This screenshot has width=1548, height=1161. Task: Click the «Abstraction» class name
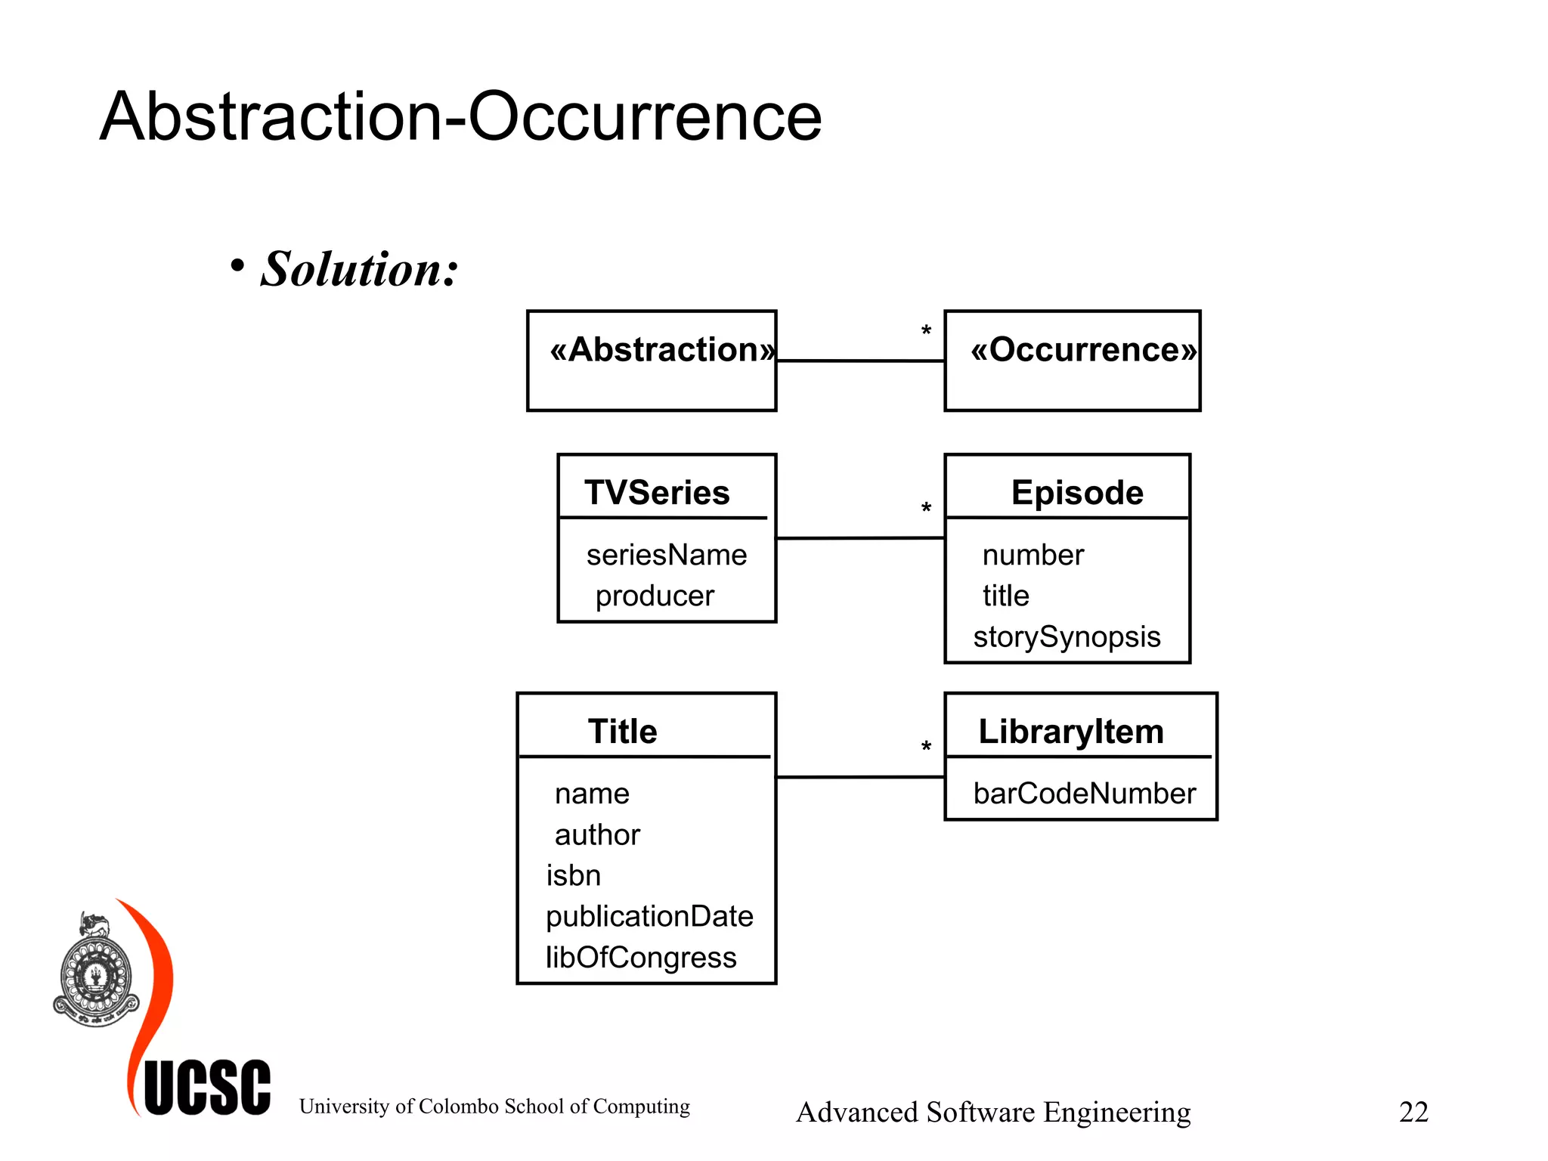(662, 350)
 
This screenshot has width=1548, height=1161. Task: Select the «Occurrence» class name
(1084, 350)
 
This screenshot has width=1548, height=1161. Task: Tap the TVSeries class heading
(657, 493)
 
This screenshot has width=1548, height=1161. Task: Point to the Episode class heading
(1077, 493)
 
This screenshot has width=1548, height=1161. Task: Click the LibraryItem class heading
(1071, 732)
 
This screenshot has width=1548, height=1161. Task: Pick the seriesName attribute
(666, 555)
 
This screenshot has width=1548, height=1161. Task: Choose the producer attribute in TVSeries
(655, 596)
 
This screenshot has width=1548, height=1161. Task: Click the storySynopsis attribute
(1067, 636)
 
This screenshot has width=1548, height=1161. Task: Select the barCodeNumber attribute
(1084, 794)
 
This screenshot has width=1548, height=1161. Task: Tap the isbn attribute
(574, 875)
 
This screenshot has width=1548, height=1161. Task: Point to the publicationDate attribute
(649, 916)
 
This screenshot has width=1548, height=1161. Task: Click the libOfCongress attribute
(641, 958)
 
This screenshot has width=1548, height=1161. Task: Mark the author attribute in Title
(597, 834)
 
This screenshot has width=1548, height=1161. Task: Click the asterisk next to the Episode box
(926, 509)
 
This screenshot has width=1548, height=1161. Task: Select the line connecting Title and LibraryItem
(860, 776)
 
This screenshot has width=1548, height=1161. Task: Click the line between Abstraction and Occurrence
(860, 361)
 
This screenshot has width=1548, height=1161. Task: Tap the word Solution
(360, 269)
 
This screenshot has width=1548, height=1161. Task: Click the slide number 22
(1413, 1112)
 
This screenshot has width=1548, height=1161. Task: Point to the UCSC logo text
(207, 1088)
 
